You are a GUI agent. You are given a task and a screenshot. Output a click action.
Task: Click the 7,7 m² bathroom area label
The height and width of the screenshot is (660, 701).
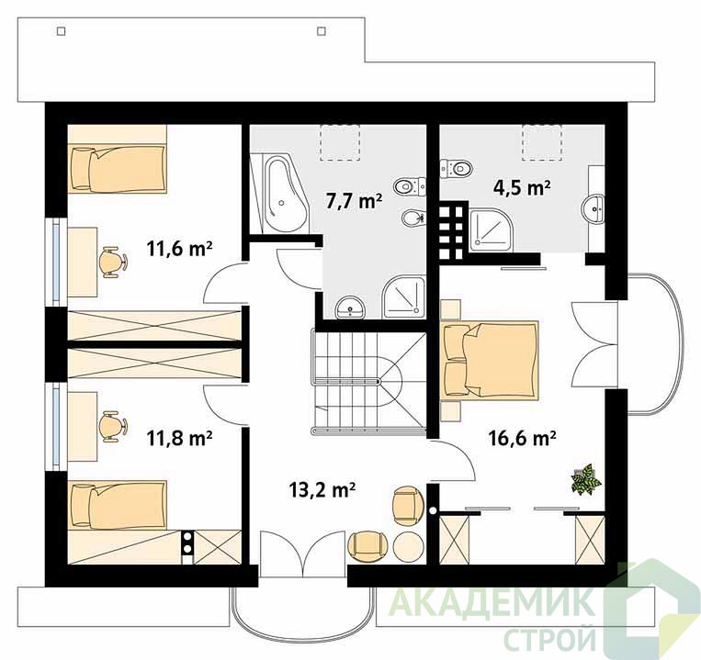354,201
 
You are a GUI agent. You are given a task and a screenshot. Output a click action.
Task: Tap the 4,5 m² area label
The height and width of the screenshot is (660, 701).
521,187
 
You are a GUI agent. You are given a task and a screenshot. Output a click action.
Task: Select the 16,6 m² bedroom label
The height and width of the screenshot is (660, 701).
522,438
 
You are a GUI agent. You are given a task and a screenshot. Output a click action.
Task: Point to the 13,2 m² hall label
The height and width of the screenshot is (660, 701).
322,490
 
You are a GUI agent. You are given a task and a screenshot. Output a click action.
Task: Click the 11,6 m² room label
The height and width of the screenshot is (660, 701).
179,248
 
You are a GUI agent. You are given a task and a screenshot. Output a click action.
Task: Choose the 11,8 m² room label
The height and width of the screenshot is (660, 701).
179,438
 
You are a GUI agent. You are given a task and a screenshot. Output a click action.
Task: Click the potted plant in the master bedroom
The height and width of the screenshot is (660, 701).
585,479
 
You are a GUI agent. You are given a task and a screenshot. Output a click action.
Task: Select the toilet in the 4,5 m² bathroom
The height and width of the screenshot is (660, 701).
456,168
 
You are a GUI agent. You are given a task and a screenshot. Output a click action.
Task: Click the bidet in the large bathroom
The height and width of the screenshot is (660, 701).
413,218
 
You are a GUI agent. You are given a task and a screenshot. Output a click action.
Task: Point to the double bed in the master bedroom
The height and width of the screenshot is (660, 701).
490,360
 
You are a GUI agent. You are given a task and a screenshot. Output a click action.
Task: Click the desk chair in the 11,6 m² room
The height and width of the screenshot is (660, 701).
112,263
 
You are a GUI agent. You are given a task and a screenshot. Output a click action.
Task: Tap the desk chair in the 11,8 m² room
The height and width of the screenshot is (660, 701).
112,427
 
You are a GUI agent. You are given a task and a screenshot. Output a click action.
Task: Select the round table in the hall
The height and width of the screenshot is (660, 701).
408,546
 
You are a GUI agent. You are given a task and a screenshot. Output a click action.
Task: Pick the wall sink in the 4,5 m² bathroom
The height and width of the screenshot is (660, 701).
594,208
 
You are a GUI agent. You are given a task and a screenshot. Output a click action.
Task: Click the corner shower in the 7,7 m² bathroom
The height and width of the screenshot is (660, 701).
403,297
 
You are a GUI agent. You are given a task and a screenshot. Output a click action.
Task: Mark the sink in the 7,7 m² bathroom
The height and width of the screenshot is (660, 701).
351,307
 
